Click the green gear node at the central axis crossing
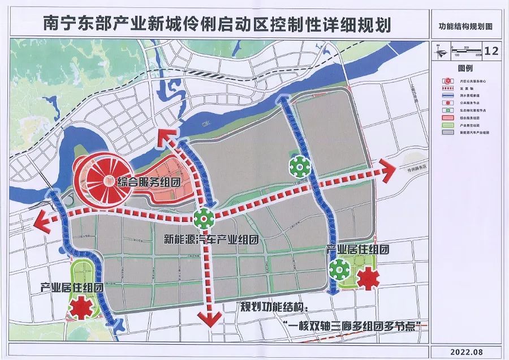[x=204, y=216]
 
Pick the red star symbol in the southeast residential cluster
[x=368, y=277]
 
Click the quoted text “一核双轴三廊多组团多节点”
[x=355, y=325]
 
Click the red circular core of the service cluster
[x=102, y=181]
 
